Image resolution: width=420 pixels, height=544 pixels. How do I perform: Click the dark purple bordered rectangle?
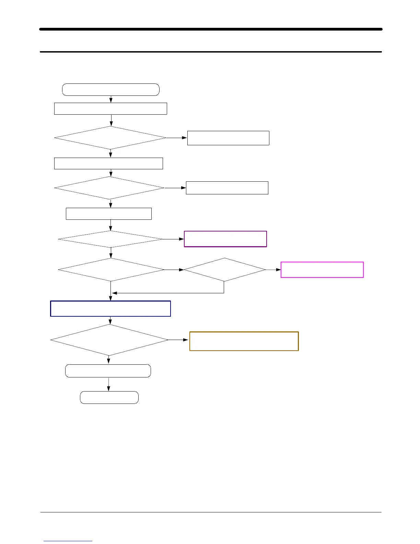pos(225,239)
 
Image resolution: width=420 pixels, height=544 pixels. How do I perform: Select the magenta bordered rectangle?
pos(322,270)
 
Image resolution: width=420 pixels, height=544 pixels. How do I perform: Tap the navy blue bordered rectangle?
pos(110,308)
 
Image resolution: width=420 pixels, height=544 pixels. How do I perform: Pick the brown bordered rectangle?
pos(244,341)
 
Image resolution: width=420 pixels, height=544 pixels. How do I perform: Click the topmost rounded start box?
pos(111,90)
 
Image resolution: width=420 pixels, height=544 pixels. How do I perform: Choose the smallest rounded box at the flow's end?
pos(109,397)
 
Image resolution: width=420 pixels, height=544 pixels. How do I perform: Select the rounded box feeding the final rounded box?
pos(108,371)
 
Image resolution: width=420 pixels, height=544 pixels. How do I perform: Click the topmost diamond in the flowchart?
pos(110,138)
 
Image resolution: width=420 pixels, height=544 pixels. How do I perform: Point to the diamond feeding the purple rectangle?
pos(110,239)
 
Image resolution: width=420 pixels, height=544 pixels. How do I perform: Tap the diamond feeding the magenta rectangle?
pos(225,270)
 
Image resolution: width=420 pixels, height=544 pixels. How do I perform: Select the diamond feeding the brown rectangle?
pos(109,340)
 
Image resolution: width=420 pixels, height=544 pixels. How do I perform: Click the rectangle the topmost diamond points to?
pos(228,138)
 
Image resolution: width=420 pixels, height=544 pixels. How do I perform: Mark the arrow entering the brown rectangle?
pos(178,340)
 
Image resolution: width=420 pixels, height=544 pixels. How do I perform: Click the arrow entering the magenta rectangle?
pos(273,270)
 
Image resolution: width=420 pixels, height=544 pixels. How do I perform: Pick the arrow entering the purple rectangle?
pos(174,239)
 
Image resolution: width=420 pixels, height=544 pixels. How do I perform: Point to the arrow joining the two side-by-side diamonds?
pos(174,270)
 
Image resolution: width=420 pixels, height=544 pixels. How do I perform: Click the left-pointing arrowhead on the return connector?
pos(115,293)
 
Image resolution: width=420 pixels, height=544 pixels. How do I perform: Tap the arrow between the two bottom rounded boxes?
pos(109,384)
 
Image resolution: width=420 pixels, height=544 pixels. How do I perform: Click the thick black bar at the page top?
pos(211,29)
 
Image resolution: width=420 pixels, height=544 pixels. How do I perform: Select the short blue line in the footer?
pos(68,541)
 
